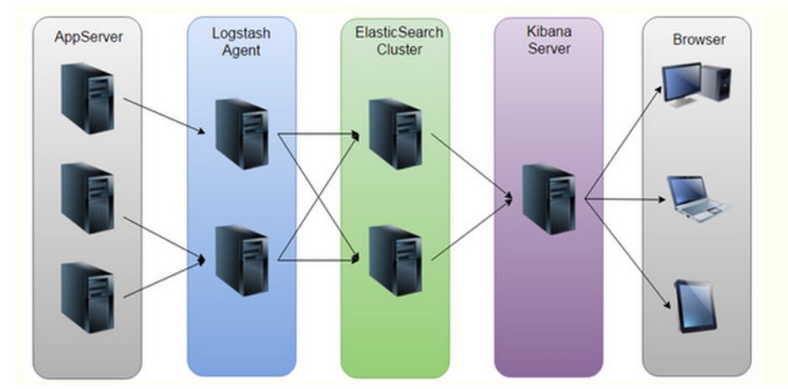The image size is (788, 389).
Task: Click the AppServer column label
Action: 86,37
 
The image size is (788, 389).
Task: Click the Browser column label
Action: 698,39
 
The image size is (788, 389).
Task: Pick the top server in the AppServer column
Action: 86,98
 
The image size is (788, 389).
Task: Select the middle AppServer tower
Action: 86,199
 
